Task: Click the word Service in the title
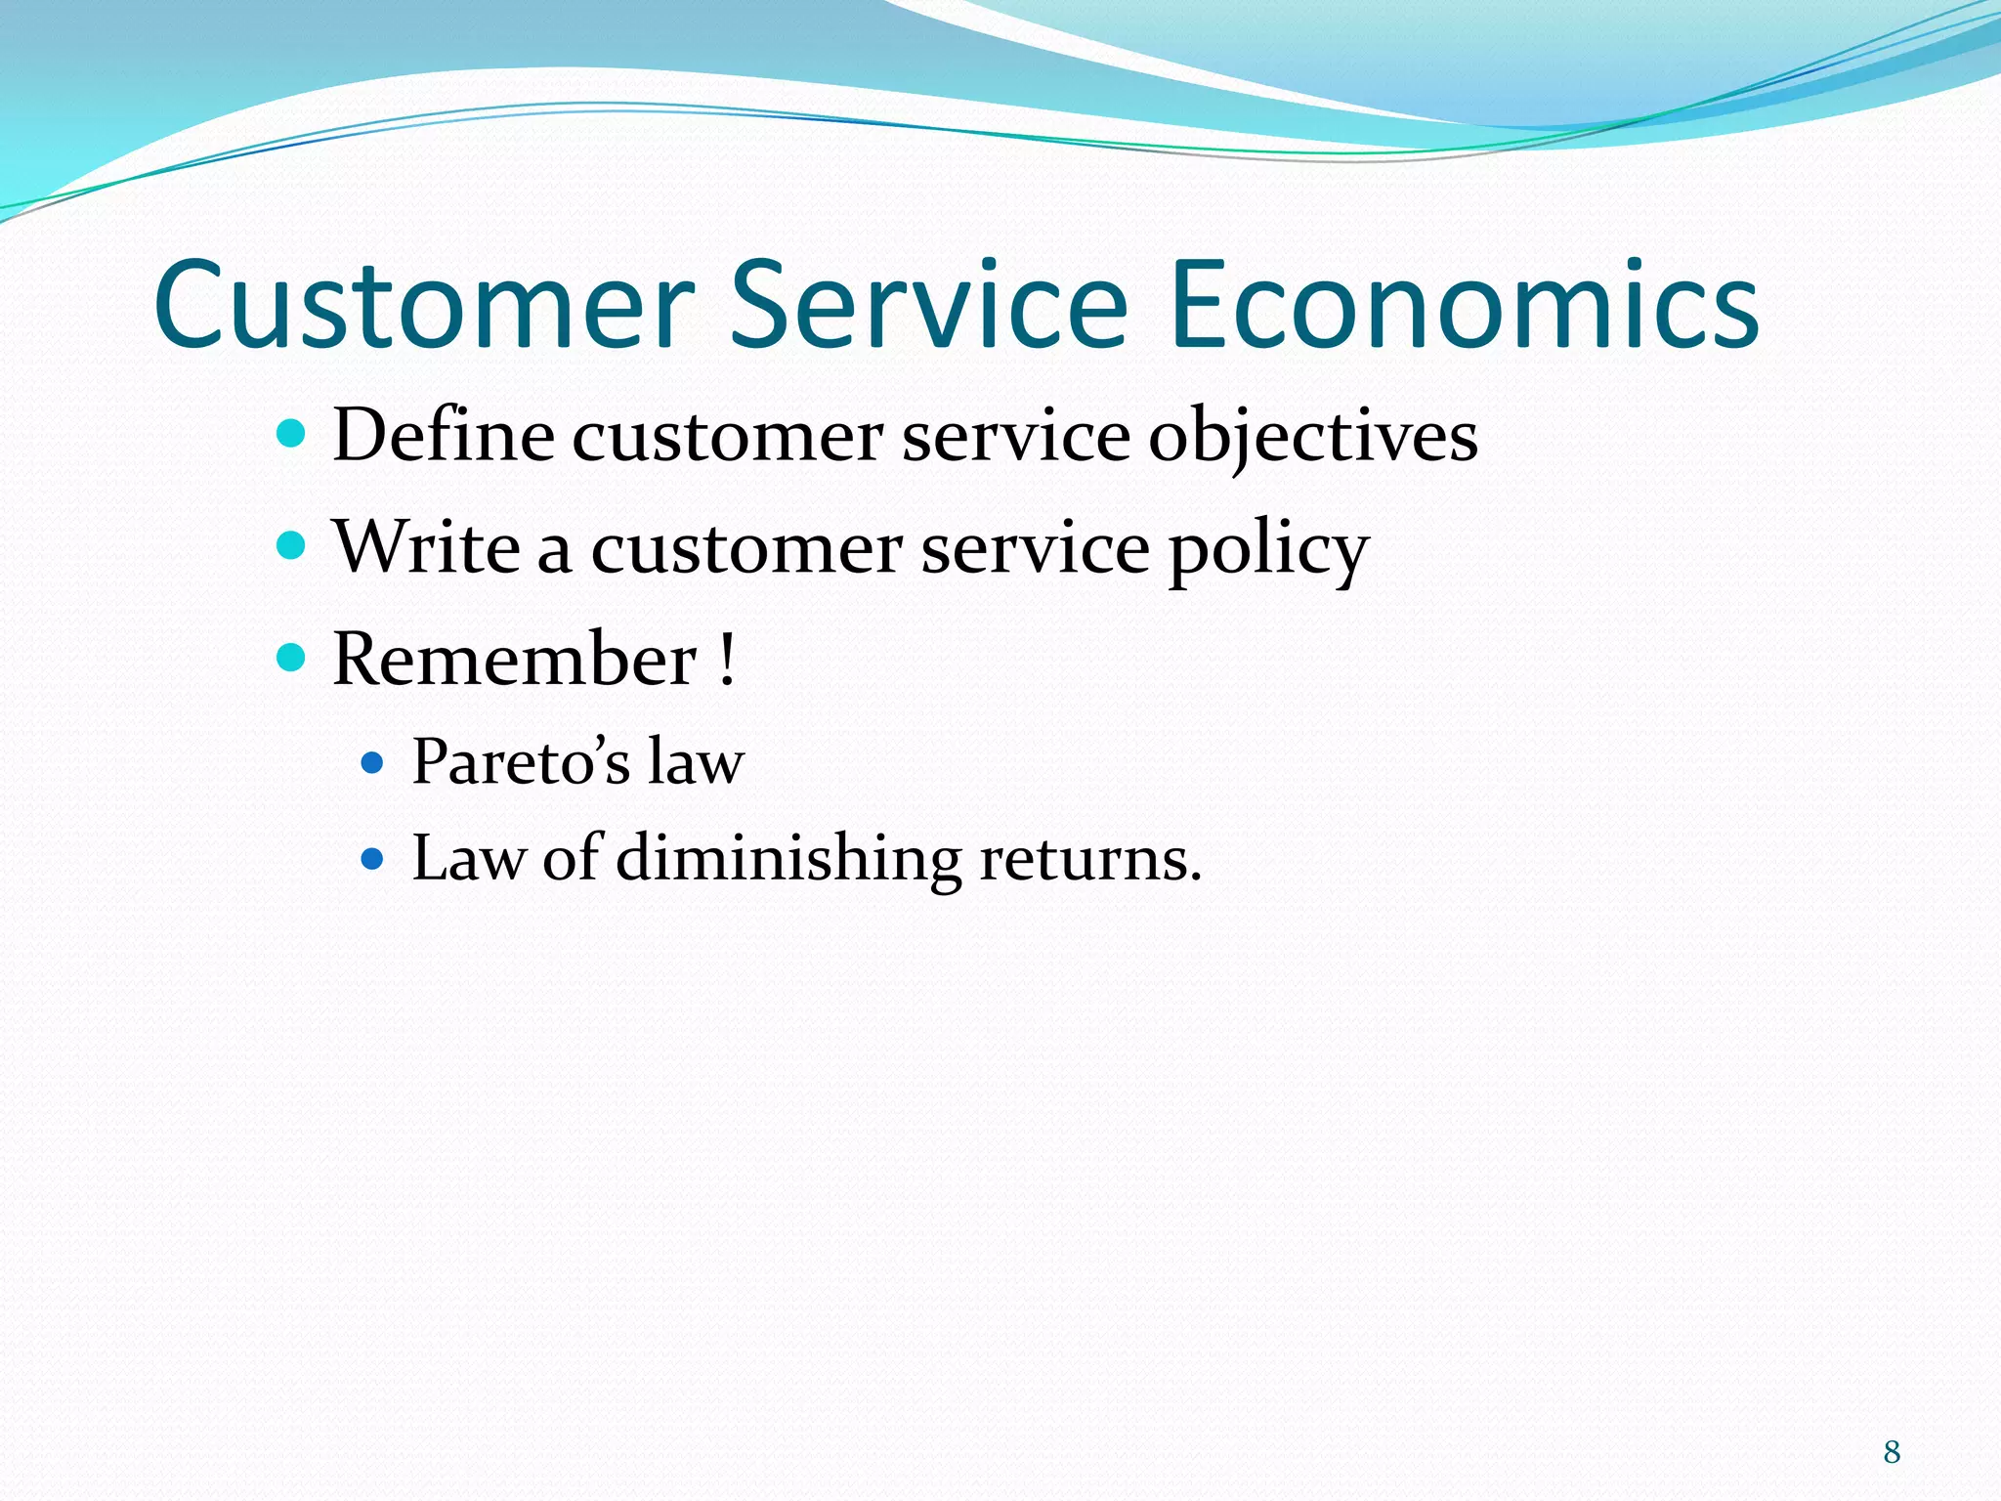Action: [928, 305]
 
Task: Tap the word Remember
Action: [515, 660]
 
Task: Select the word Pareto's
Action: [521, 761]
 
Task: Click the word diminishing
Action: [788, 858]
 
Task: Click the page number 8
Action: [1892, 1452]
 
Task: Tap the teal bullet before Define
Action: [291, 432]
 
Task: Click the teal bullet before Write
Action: [291, 544]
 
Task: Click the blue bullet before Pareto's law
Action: [372, 762]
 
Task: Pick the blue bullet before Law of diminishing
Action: [372, 859]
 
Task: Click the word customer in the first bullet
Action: [727, 437]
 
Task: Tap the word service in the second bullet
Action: [1035, 548]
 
